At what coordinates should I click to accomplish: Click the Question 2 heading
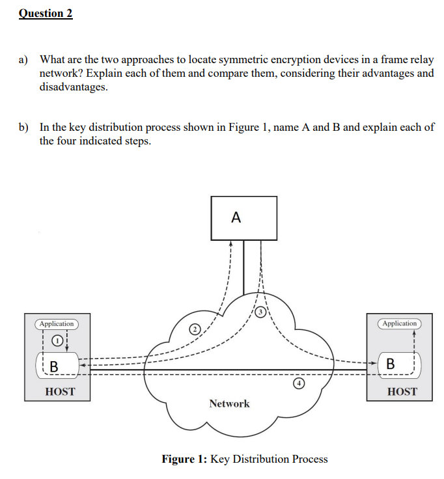(x=46, y=13)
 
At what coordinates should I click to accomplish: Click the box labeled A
(x=243, y=218)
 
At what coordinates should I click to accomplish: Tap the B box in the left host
(x=55, y=367)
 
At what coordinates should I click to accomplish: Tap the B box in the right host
(x=389, y=363)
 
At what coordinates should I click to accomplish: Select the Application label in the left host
(x=57, y=323)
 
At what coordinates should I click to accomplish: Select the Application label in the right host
(x=399, y=323)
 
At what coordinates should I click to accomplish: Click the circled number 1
(x=57, y=340)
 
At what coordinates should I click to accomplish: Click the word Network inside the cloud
(x=229, y=404)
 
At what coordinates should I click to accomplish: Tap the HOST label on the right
(x=402, y=392)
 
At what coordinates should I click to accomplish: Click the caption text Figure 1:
(x=184, y=459)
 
